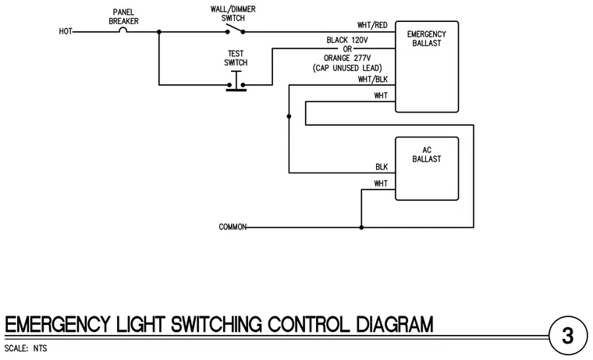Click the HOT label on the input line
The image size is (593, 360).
[x=66, y=31]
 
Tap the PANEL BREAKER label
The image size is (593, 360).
[x=123, y=16]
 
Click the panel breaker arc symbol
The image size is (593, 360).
[x=123, y=30]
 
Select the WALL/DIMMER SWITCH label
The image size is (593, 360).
[x=233, y=13]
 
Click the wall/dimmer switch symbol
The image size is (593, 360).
[x=235, y=30]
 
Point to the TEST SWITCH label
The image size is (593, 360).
[x=236, y=59]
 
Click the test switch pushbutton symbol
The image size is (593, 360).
[x=236, y=81]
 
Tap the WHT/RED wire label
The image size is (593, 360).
[x=372, y=25]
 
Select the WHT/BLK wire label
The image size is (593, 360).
[x=373, y=80]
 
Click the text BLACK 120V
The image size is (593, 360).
[x=347, y=40]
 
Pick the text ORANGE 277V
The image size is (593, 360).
[x=347, y=58]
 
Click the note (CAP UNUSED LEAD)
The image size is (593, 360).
[x=347, y=68]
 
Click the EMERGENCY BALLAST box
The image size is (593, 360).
[x=427, y=66]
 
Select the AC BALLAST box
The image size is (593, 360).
[x=427, y=169]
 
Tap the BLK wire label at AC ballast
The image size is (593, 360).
[x=382, y=167]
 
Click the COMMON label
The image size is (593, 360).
[x=233, y=226]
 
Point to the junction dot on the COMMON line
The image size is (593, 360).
[x=361, y=227]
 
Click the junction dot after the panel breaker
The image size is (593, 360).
[x=159, y=32]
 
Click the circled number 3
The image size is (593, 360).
[x=568, y=336]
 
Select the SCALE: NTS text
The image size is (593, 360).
[x=26, y=348]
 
